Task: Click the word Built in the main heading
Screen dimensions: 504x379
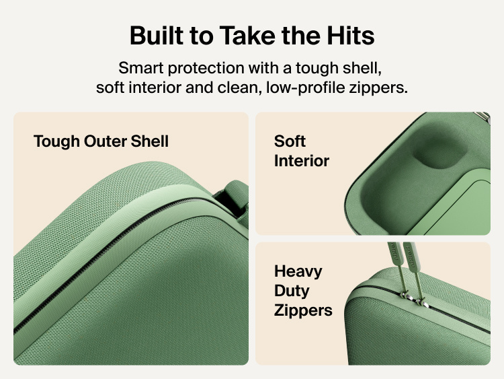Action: pyautogui.click(x=157, y=35)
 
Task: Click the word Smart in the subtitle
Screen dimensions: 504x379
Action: pyautogui.click(x=141, y=68)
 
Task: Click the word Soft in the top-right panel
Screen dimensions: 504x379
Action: pyautogui.click(x=290, y=141)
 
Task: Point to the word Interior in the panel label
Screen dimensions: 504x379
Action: pyautogui.click(x=302, y=161)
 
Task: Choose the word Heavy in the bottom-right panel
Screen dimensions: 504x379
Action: pyautogui.click(x=298, y=272)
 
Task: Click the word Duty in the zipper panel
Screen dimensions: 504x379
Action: pyautogui.click(x=292, y=291)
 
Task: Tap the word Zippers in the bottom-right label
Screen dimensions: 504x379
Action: pyautogui.click(x=303, y=311)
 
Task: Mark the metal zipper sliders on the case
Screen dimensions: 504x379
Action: pyautogui.click(x=413, y=298)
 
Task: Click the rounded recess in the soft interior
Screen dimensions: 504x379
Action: pyautogui.click(x=439, y=147)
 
